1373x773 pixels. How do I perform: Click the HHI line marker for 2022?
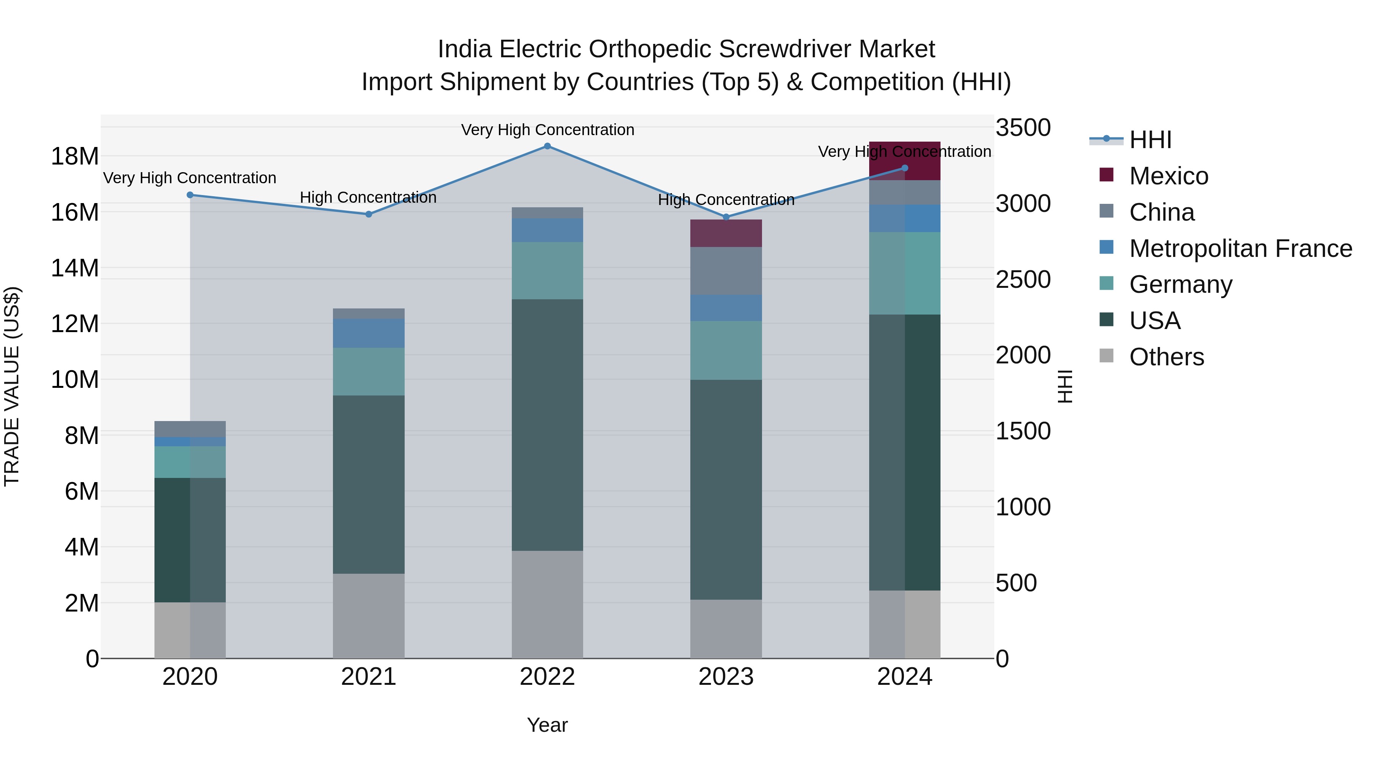pos(547,146)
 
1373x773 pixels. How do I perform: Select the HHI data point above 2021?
pos(368,214)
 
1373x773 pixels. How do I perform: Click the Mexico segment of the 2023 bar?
pos(725,233)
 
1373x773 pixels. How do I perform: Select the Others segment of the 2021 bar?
pos(368,616)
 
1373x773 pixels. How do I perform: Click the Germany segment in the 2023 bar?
pos(725,350)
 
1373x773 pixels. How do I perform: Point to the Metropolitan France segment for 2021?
pos(368,333)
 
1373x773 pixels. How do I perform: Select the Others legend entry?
pos(1166,357)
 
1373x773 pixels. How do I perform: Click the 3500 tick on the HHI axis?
pos(1023,128)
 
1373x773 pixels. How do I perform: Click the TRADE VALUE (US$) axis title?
pos(12,386)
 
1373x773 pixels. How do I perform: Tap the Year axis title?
pos(547,725)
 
